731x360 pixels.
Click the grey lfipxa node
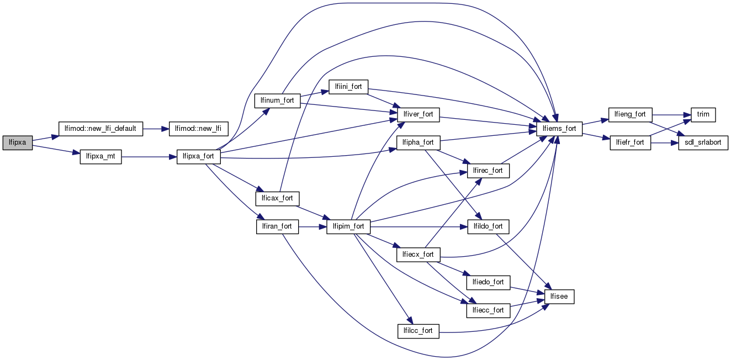(x=17, y=143)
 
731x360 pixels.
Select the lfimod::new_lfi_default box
(x=100, y=129)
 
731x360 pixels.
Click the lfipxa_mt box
(x=100, y=157)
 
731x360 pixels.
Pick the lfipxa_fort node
(x=198, y=157)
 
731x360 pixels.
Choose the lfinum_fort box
(x=277, y=100)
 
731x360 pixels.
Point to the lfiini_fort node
(x=348, y=87)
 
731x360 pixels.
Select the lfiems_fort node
(x=559, y=129)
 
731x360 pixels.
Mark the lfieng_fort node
(x=630, y=115)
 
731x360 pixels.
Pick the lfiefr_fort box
(x=630, y=143)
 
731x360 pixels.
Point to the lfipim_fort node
(x=348, y=226)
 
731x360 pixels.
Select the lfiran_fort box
(x=277, y=226)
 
